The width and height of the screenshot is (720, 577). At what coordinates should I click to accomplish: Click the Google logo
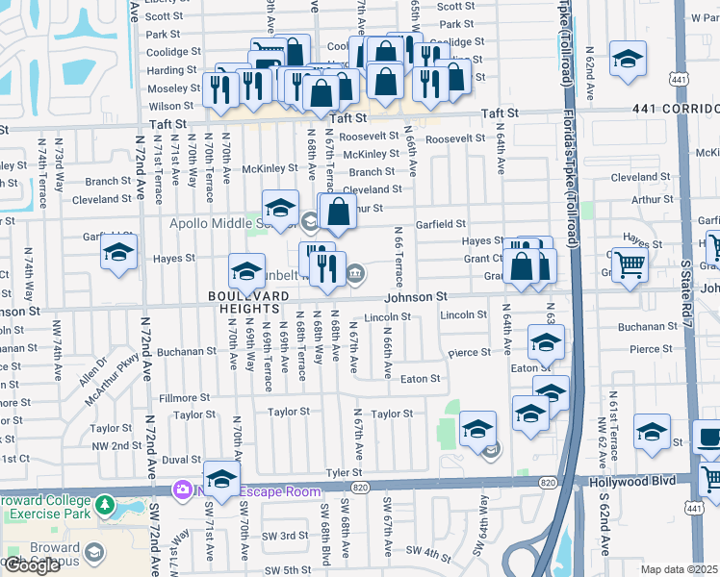pos(32,565)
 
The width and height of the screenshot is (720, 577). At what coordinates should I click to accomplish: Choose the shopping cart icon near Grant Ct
pos(630,263)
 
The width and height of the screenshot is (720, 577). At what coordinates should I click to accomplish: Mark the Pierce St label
pos(470,353)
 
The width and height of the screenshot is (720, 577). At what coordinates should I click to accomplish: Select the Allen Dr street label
pos(94,370)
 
